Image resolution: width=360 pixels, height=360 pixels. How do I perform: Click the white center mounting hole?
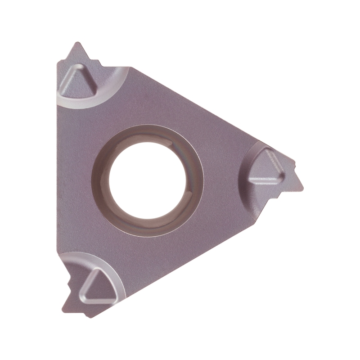pyautogui.click(x=147, y=180)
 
